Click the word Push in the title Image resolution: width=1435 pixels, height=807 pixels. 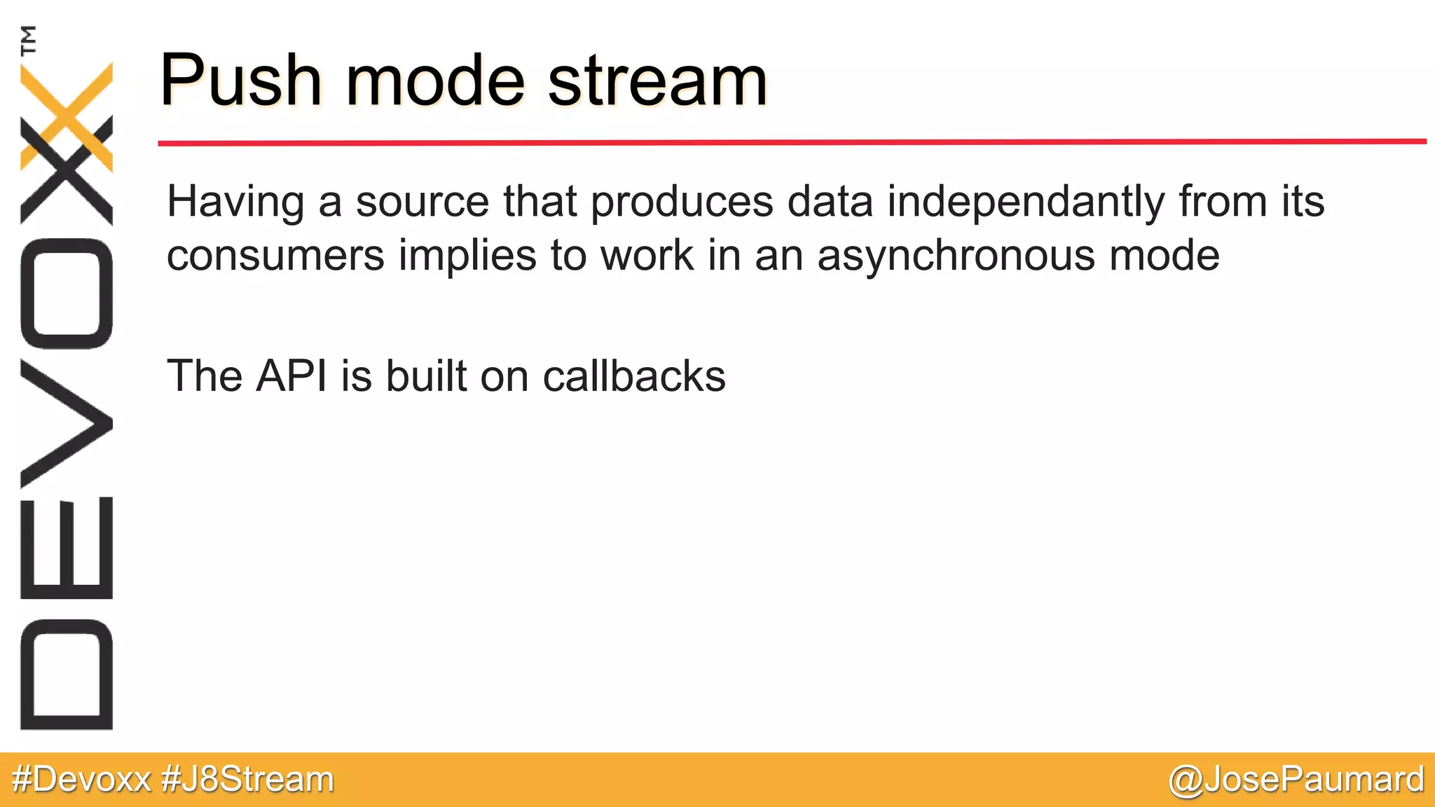point(241,81)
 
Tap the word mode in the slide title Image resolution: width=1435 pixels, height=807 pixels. point(434,81)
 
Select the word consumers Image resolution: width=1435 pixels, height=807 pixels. point(275,256)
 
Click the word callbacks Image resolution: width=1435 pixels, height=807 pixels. point(634,376)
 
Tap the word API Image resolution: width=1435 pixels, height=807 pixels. point(291,376)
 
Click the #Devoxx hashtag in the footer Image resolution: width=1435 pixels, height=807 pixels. point(81,780)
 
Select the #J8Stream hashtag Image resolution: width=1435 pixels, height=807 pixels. point(247,780)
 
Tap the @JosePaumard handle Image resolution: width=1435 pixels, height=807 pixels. point(1296,780)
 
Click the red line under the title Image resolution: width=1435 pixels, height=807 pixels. point(792,142)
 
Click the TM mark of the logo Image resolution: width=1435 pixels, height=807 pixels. point(29,40)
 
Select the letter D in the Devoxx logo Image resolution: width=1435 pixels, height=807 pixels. point(67,674)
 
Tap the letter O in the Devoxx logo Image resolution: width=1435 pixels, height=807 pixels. point(67,294)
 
